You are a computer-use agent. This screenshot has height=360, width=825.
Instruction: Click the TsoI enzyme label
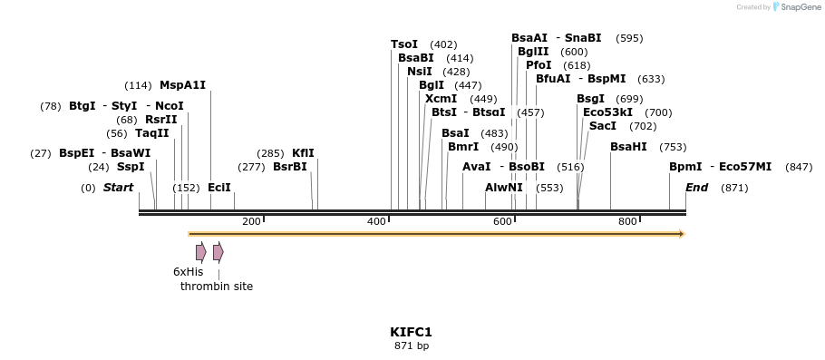tap(404, 44)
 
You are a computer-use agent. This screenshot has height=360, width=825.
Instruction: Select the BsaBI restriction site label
tap(416, 58)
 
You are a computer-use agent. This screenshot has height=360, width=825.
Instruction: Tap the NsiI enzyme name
tap(420, 72)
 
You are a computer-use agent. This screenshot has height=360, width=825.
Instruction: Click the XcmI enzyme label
tap(441, 99)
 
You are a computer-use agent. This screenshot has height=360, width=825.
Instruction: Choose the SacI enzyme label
tap(603, 126)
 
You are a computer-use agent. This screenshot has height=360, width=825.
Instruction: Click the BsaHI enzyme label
tap(628, 147)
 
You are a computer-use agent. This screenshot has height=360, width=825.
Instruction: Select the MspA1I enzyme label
tap(183, 85)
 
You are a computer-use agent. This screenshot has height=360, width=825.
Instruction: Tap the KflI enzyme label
tap(303, 153)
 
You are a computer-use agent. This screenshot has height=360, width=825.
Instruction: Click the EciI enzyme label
tap(219, 188)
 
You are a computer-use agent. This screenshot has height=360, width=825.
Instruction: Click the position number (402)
tap(443, 44)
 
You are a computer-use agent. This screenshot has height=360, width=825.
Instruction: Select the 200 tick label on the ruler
tap(251, 221)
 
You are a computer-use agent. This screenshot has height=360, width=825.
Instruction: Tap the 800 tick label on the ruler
tap(627, 221)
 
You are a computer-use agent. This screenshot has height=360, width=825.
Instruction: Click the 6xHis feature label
tap(189, 271)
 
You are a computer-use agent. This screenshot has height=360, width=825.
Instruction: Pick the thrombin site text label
tap(217, 287)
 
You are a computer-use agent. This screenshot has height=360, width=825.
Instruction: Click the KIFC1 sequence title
tap(412, 332)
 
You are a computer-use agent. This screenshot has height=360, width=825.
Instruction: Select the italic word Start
tap(118, 188)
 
